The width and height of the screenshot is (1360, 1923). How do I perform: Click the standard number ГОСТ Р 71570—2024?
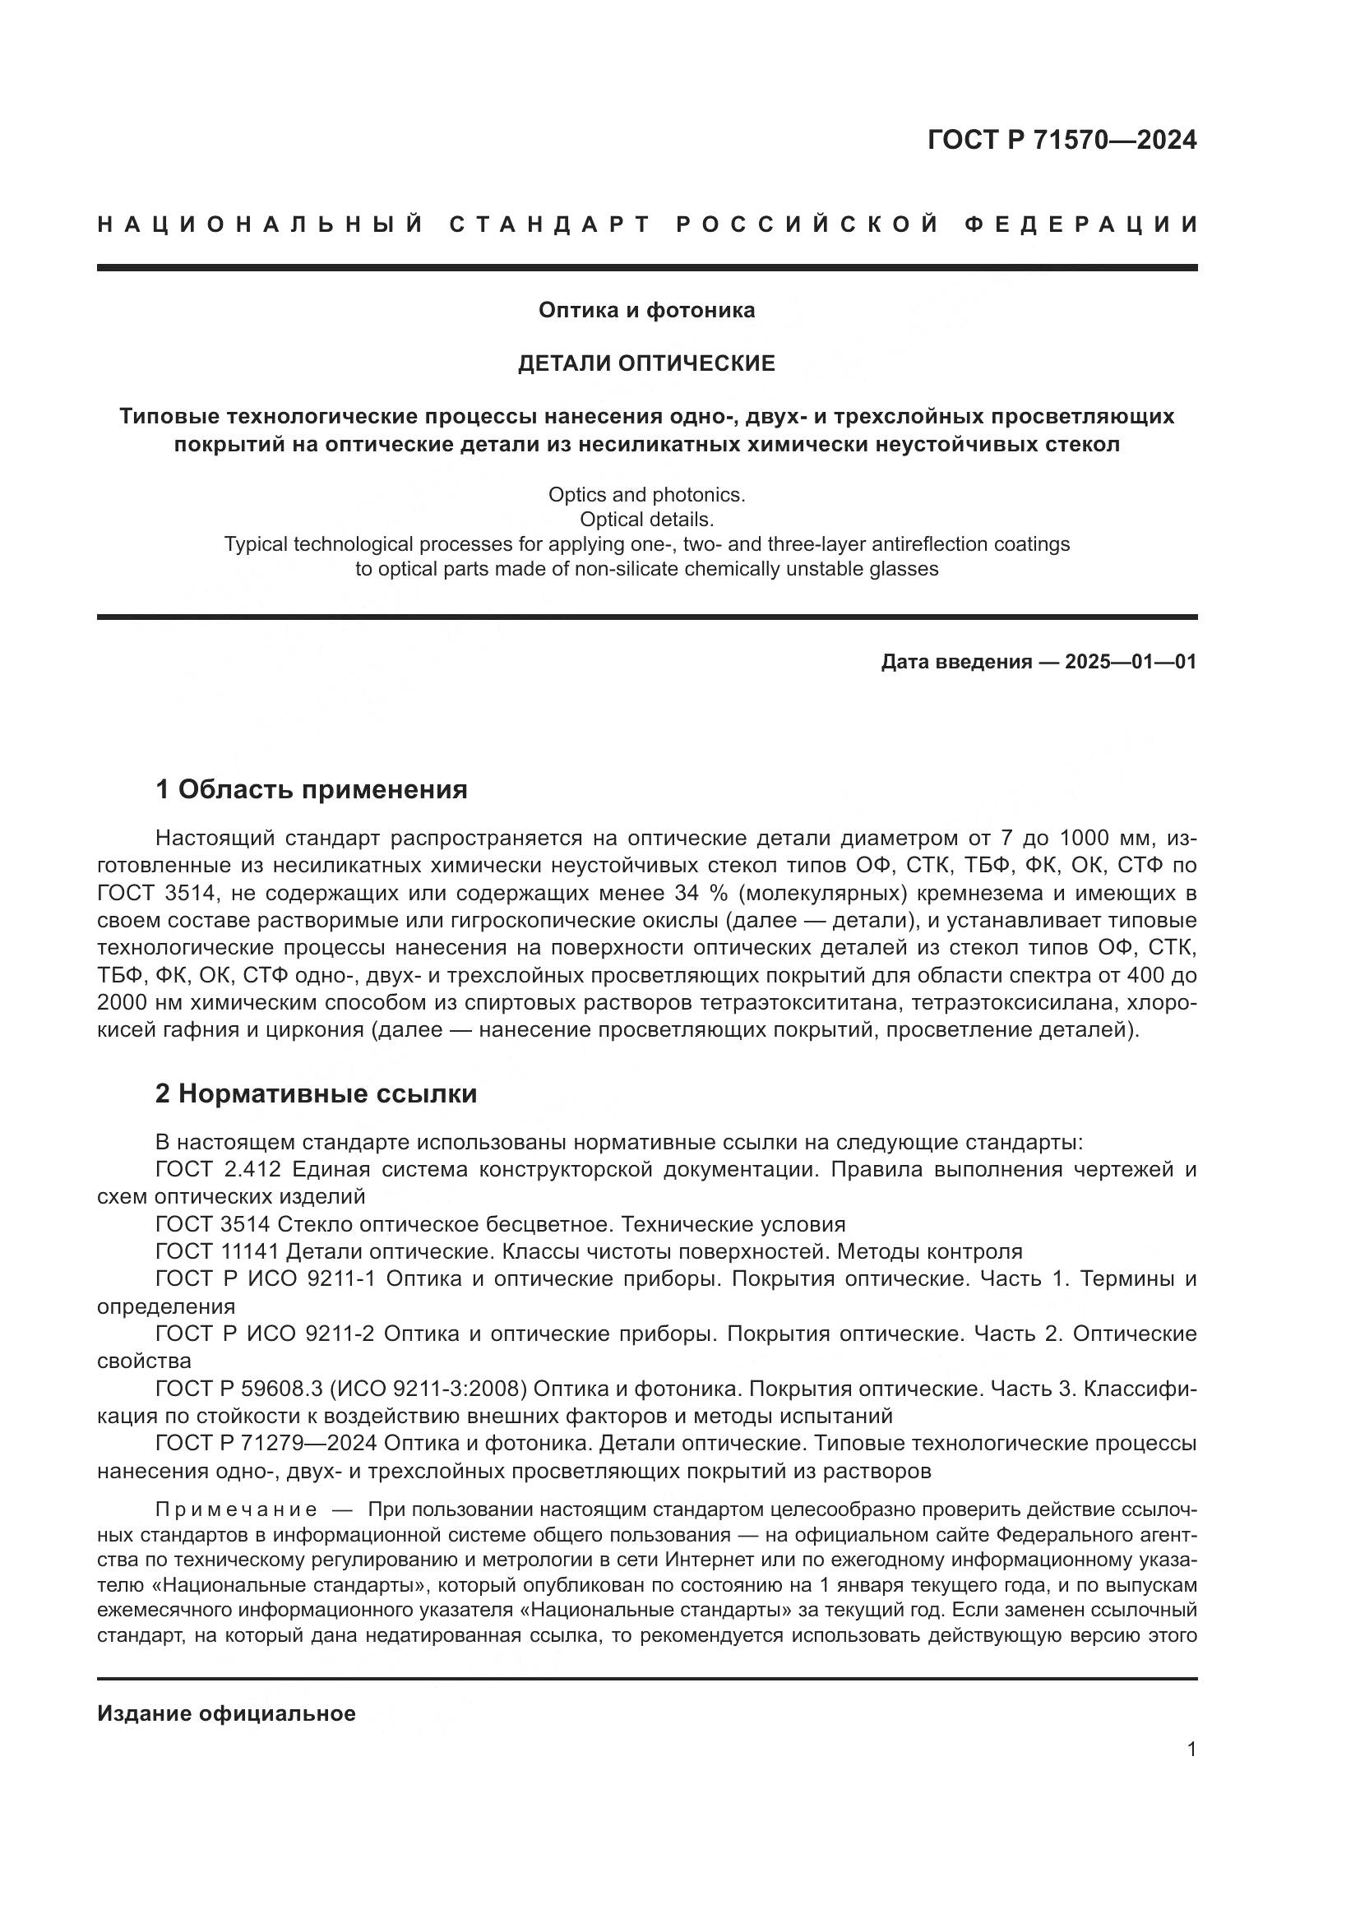tap(1061, 140)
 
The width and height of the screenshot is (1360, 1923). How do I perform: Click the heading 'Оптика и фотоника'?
tap(646, 311)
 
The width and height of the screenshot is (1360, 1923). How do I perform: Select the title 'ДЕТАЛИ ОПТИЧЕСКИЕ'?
tap(646, 363)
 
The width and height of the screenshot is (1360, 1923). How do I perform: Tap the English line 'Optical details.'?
tap(646, 520)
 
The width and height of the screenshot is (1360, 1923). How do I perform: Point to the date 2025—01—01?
tap(1131, 663)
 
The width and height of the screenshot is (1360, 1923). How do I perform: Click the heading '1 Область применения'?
tap(312, 789)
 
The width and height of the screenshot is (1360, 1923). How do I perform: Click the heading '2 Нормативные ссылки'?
tap(317, 1093)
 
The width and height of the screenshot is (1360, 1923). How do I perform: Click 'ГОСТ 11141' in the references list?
tap(217, 1252)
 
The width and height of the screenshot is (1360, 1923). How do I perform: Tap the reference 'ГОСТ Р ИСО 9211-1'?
tap(266, 1279)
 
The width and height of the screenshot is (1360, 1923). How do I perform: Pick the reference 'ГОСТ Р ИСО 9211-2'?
tap(266, 1334)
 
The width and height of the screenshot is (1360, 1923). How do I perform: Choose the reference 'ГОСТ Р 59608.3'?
tap(239, 1389)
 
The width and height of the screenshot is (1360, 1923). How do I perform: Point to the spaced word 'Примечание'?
tap(236, 1510)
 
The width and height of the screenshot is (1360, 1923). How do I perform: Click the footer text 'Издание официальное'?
tap(226, 1713)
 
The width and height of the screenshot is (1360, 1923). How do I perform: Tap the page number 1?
tap(1191, 1750)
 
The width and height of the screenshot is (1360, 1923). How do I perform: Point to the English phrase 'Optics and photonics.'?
tap(646, 495)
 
